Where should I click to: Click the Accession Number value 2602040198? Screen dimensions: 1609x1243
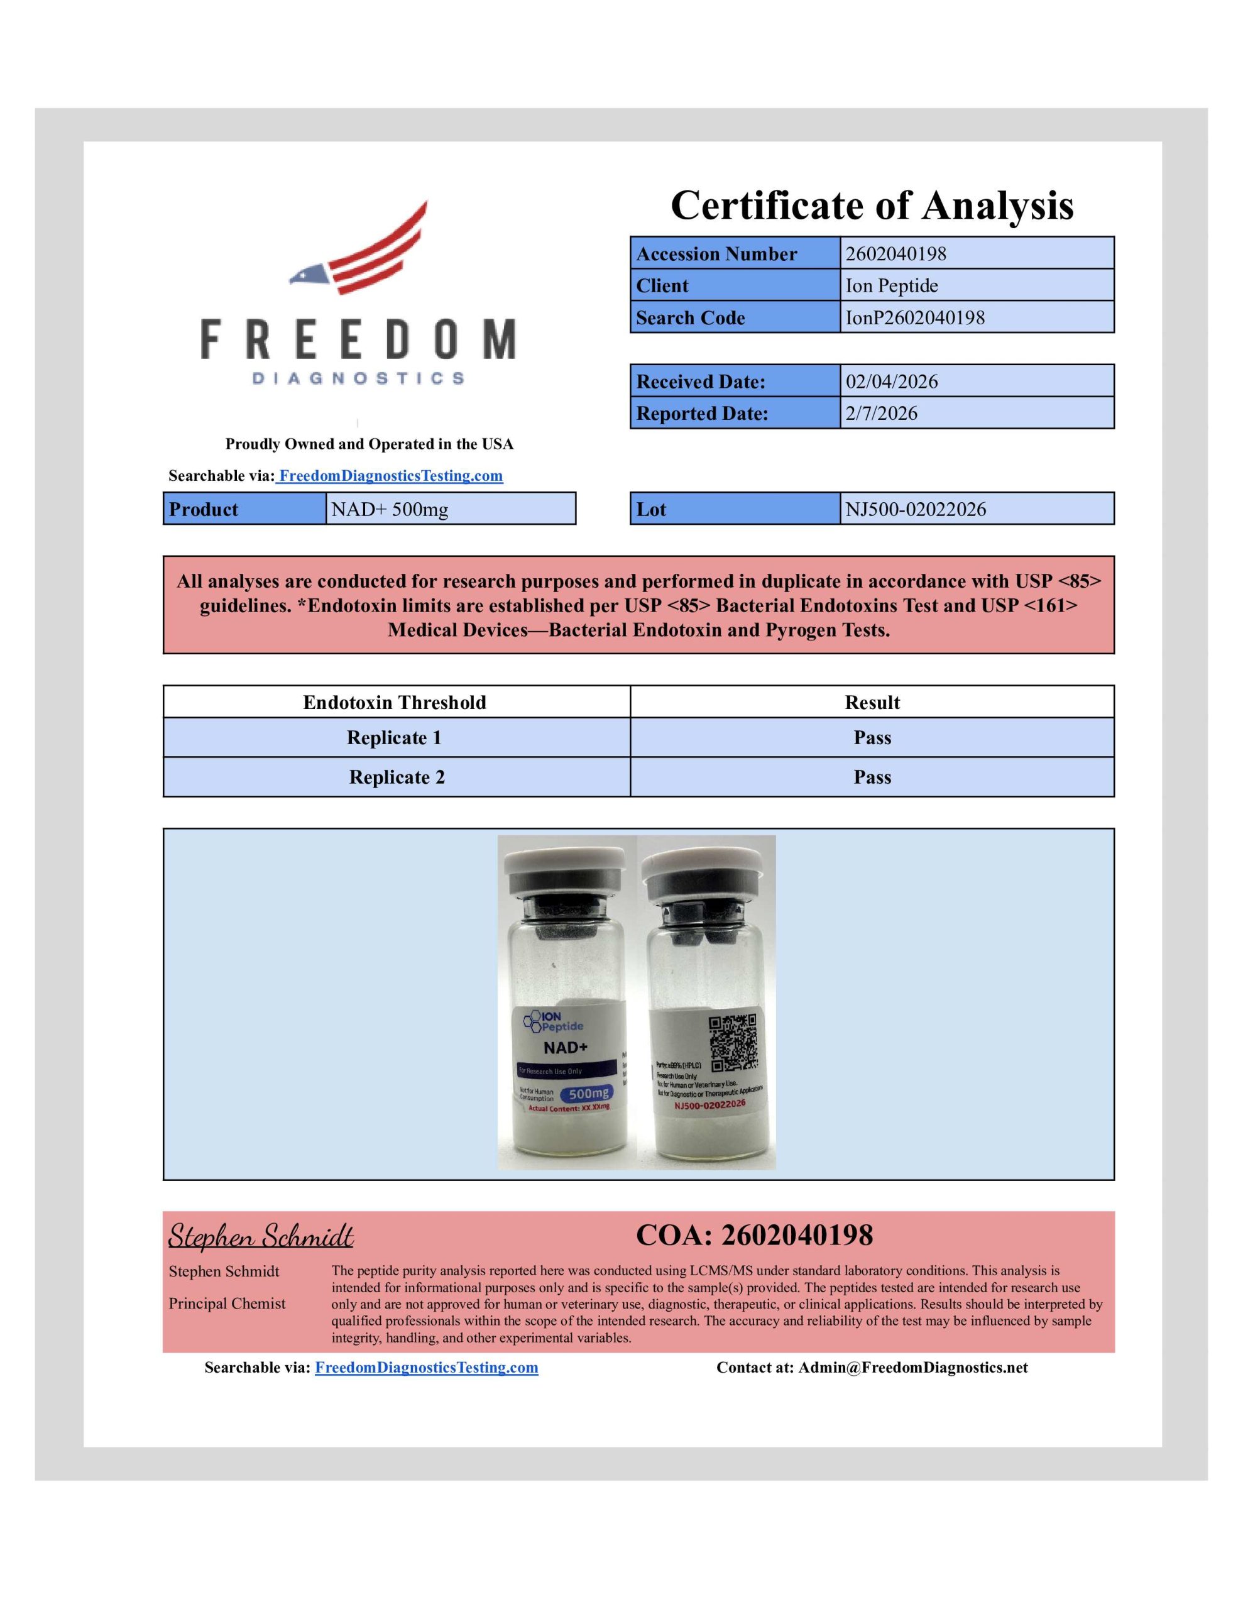coord(895,253)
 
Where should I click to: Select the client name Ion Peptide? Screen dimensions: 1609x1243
coord(892,286)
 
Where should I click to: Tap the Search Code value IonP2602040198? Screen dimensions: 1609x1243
coord(914,317)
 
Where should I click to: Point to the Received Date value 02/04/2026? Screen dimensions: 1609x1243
coord(892,382)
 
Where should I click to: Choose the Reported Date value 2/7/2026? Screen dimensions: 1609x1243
coord(881,414)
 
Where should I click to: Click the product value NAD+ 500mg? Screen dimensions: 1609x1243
coord(389,509)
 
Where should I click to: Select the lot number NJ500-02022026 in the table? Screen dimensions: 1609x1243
coord(915,509)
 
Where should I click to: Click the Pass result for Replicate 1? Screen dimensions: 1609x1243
coord(872,737)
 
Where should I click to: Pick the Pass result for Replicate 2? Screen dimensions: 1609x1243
coord(872,777)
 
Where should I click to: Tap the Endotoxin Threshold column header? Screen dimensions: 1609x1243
coord(395,702)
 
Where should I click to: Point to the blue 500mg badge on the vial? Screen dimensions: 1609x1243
coord(589,1093)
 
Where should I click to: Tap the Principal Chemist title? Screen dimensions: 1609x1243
coord(227,1304)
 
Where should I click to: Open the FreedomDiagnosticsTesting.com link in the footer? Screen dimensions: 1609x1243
coord(426,1368)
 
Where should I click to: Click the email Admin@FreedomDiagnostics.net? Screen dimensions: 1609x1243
coord(912,1368)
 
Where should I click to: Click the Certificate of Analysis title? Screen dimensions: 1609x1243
coord(872,205)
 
